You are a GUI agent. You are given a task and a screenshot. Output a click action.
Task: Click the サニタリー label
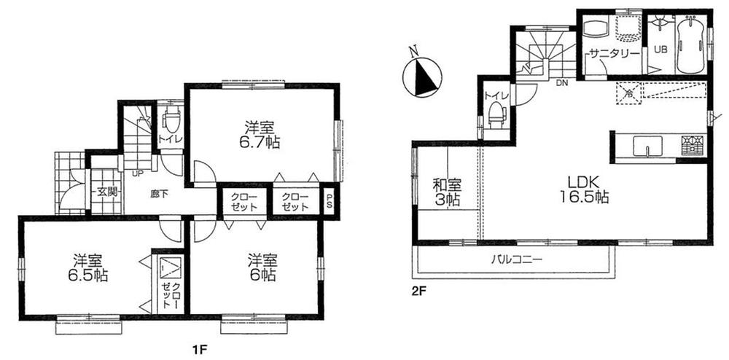coord(615,54)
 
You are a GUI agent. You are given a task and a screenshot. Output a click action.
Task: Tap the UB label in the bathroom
coord(660,49)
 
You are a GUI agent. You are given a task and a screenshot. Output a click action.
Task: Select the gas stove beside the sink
coord(694,145)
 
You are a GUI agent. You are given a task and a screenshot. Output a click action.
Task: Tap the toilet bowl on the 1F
coord(173,120)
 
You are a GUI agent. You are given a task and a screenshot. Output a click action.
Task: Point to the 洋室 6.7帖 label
coord(261,132)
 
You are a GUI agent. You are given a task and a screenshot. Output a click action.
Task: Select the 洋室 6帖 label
coord(261,267)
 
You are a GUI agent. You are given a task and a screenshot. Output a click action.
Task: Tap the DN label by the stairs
coord(562,83)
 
